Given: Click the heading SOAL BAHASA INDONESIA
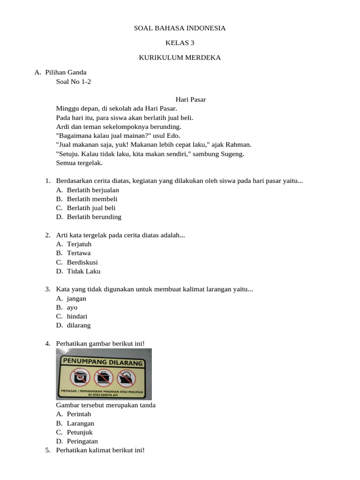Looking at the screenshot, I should (180, 28).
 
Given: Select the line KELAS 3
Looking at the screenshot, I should (180, 43).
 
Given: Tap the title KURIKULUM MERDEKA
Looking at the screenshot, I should (180, 58).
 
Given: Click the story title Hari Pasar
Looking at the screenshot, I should (191, 99).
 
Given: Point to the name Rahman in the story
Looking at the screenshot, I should (240, 145).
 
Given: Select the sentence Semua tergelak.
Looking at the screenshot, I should (79, 163).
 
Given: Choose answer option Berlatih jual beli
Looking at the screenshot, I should (91, 208).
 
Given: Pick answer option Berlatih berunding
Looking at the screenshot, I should (94, 217).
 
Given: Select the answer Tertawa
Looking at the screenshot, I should (79, 253).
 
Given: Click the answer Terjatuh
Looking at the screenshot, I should (79, 244).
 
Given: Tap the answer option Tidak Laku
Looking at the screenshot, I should (83, 271).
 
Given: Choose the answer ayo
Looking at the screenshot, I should (72, 307).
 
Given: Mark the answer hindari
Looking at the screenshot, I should (77, 316).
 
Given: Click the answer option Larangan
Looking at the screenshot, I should (81, 423).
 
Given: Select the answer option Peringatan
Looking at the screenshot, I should (82, 442).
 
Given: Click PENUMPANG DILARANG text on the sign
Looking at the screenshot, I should (103, 362).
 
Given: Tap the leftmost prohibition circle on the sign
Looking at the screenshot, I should (79, 377).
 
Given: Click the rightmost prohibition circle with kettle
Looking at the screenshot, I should (126, 377).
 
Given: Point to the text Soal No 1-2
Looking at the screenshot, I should (74, 82).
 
